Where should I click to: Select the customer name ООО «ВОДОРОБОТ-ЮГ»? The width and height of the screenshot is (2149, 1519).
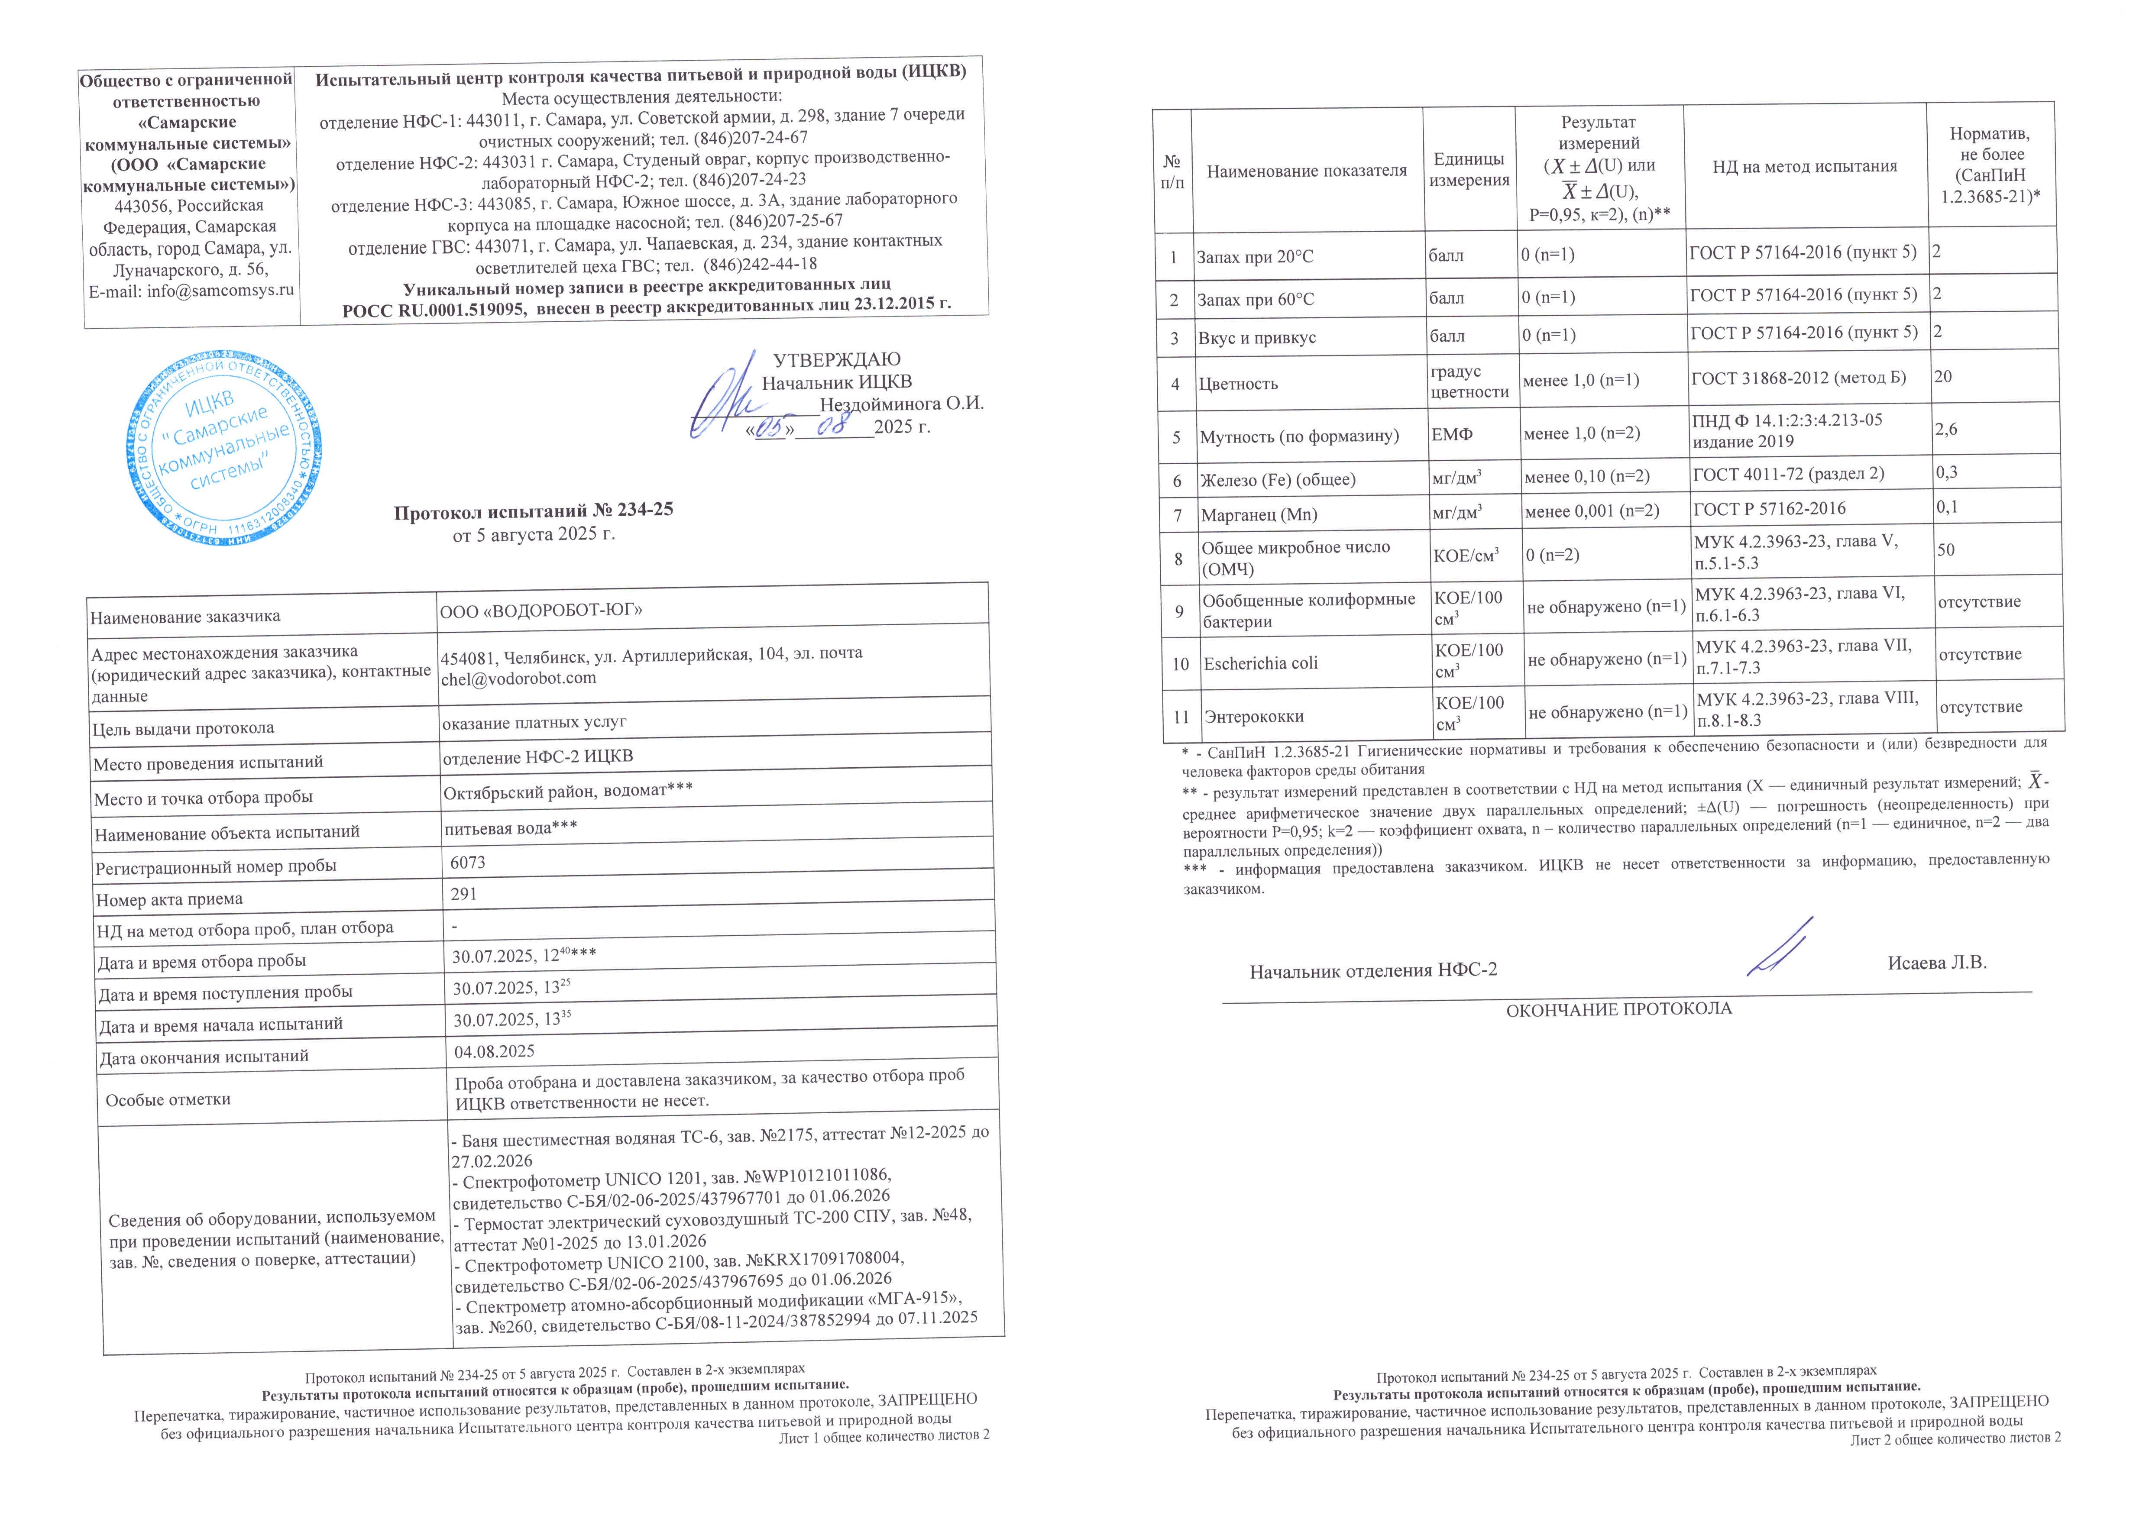pyautogui.click(x=541, y=610)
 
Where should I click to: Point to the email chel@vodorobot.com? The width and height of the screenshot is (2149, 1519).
pyautogui.click(x=518, y=679)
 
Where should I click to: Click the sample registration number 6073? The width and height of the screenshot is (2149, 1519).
pyautogui.click(x=468, y=862)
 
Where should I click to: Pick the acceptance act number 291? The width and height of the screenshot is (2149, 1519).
pyautogui.click(x=464, y=894)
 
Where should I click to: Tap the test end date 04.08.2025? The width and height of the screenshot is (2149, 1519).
pyautogui.click(x=494, y=1051)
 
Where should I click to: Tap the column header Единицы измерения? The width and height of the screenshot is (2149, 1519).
pyautogui.click(x=1469, y=169)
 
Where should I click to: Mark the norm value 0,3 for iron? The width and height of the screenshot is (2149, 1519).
pyautogui.click(x=1947, y=473)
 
